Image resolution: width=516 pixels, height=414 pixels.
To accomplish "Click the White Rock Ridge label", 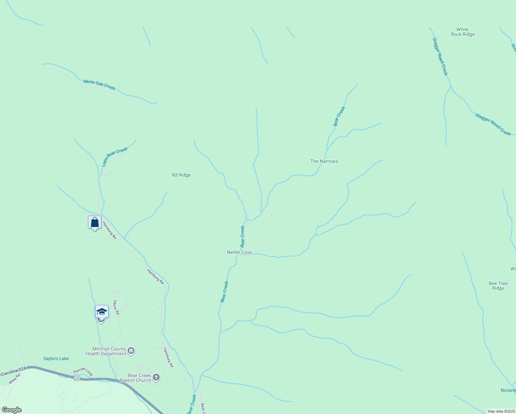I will point(463,32).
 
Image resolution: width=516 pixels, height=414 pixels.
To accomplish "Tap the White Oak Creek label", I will point(99,85).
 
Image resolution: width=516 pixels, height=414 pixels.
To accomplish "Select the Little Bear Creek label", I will point(115,157).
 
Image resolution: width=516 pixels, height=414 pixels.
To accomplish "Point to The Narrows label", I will point(324,161).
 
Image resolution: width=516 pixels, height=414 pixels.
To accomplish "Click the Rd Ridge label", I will point(181,175).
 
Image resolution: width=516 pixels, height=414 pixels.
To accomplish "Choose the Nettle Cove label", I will point(239,253).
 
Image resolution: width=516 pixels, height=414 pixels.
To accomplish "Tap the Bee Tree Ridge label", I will point(498,286).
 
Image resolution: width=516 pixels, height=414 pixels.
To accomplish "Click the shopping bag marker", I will point(95,223).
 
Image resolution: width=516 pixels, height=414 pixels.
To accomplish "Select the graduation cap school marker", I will point(102,312).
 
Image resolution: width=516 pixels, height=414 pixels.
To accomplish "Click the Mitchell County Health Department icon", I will point(131,351).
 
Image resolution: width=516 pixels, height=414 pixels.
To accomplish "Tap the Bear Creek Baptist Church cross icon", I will point(156,377).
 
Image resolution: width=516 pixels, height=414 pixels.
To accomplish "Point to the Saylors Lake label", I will point(56,359).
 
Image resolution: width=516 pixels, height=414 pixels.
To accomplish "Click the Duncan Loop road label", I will point(83,372).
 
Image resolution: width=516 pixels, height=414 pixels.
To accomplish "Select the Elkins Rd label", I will point(116,307).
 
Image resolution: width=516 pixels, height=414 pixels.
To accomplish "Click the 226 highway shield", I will point(77,378).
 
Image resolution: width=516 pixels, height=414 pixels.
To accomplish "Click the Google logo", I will point(12,410).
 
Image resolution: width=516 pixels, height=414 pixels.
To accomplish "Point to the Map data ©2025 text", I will point(501,411).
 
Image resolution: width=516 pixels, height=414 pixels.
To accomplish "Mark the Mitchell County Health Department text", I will point(106,352).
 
